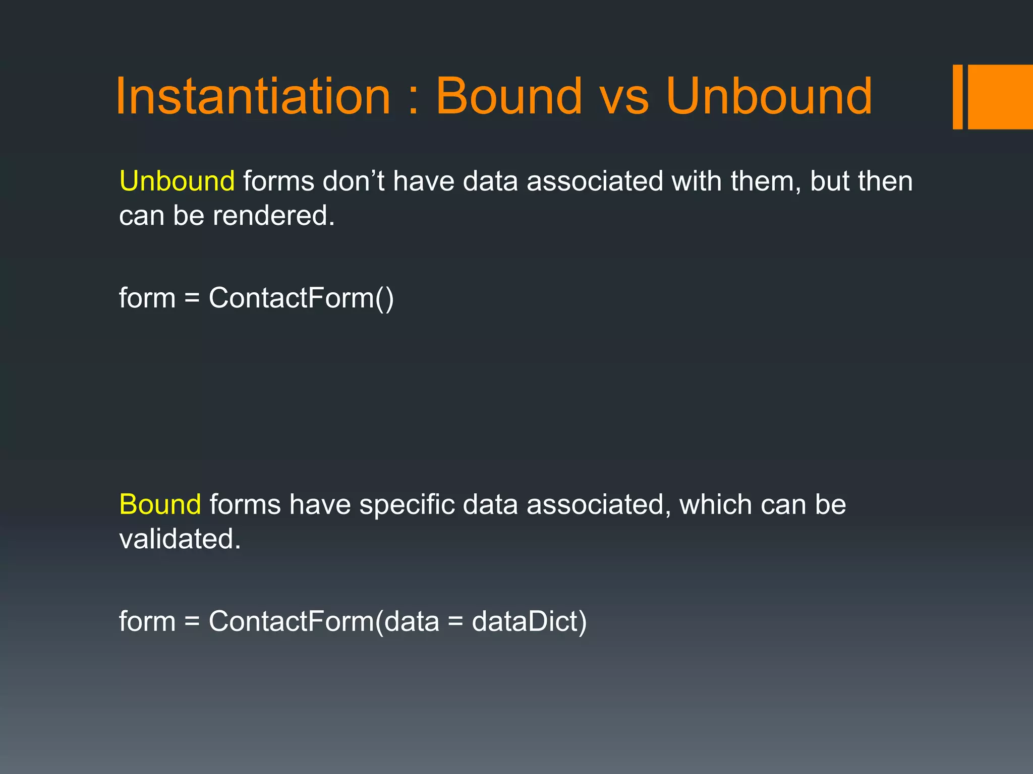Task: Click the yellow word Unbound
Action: coord(177,181)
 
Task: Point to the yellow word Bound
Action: coord(160,504)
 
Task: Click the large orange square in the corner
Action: coord(1000,97)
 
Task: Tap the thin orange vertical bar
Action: coord(957,97)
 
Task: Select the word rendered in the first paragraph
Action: coord(273,216)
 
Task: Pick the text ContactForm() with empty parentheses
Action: coord(301,298)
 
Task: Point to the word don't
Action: coord(354,181)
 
